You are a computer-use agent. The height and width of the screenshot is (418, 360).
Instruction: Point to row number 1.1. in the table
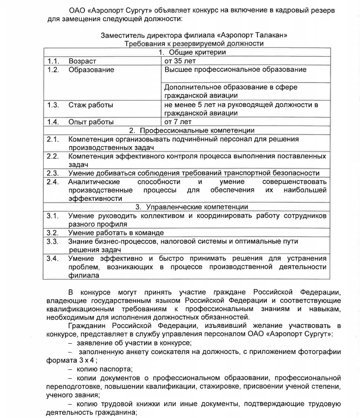(53, 61)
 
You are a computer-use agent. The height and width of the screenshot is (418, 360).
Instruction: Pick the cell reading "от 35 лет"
(180, 61)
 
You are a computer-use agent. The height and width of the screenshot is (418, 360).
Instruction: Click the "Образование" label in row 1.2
(91, 70)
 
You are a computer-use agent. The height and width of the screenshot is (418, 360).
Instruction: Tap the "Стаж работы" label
(91, 105)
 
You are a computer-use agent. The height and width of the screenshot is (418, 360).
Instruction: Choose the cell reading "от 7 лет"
(178, 122)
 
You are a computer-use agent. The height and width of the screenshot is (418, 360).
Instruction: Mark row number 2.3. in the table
(53, 173)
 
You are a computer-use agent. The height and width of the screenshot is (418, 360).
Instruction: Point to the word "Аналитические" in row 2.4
(94, 182)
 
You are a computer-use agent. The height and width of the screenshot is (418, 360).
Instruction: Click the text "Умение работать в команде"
(116, 233)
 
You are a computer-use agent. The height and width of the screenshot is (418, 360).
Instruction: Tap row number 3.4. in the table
(53, 258)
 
